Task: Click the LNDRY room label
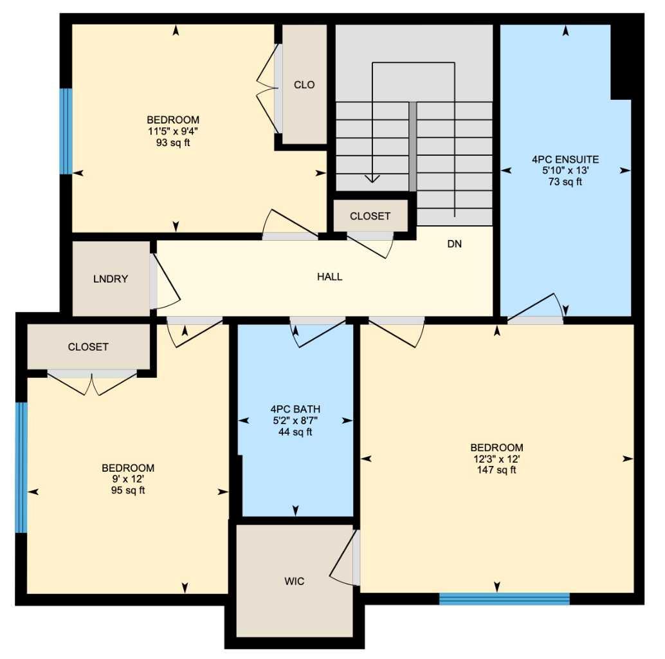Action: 111,279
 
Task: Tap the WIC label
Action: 294,582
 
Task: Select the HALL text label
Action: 329,277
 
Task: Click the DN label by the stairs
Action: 455,245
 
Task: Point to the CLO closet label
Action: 304,85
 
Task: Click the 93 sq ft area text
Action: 173,142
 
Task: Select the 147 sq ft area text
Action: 496,470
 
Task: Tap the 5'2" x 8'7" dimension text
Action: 295,420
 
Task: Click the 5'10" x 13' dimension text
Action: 565,171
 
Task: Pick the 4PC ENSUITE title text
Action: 565,159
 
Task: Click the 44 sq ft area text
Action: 295,432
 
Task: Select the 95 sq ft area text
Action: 128,491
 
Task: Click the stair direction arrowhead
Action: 372,178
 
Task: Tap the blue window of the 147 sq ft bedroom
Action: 504,599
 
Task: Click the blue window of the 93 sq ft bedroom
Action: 66,131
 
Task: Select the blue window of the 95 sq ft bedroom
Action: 21,468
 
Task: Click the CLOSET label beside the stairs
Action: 370,216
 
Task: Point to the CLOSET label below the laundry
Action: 88,347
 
